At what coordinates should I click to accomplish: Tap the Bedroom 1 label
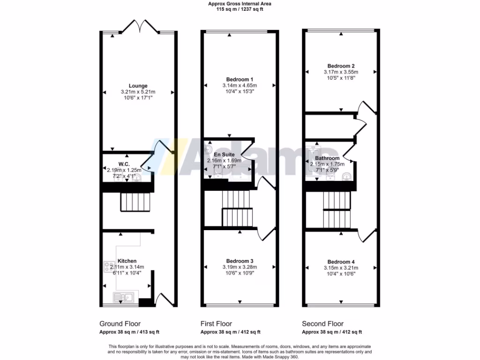pyautogui.click(x=240, y=79)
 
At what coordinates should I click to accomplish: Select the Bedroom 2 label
pyautogui.click(x=341, y=66)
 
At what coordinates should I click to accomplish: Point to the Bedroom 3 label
pyautogui.click(x=240, y=261)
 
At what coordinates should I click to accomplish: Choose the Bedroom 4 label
pyautogui.click(x=341, y=262)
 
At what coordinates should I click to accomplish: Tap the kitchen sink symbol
pyautogui.click(x=123, y=297)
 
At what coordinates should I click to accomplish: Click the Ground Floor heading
pyautogui.click(x=120, y=324)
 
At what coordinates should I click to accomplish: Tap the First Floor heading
pyautogui.click(x=216, y=324)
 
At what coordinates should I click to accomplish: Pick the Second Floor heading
pyautogui.click(x=322, y=324)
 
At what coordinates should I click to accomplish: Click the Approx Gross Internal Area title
pyautogui.click(x=240, y=4)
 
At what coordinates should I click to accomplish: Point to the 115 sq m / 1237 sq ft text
pyautogui.click(x=240, y=9)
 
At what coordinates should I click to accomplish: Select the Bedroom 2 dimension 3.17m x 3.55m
pyautogui.click(x=341, y=72)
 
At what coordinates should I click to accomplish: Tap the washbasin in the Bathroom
pyautogui.click(x=346, y=176)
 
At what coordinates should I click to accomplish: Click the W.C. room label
pyautogui.click(x=124, y=164)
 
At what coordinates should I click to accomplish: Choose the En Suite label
pyautogui.click(x=224, y=154)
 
